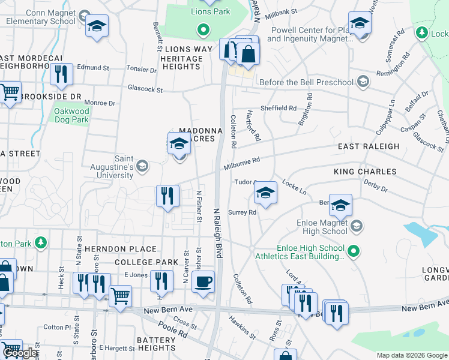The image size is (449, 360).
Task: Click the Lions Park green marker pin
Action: click(x=203, y=29)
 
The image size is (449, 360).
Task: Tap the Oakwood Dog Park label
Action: click(x=71, y=115)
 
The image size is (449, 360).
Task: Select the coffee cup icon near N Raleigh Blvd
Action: click(x=203, y=281)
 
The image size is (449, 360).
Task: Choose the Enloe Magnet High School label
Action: click(x=322, y=226)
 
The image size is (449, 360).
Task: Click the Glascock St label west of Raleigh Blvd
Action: click(x=145, y=89)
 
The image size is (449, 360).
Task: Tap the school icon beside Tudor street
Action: click(x=265, y=193)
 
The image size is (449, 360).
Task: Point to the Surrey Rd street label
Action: click(x=244, y=212)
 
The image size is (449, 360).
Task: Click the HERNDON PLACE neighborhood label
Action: click(x=121, y=249)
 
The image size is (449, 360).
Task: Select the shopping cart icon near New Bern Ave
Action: click(x=120, y=296)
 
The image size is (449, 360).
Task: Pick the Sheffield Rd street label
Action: click(x=279, y=109)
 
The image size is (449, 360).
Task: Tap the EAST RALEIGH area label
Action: click(x=368, y=146)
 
